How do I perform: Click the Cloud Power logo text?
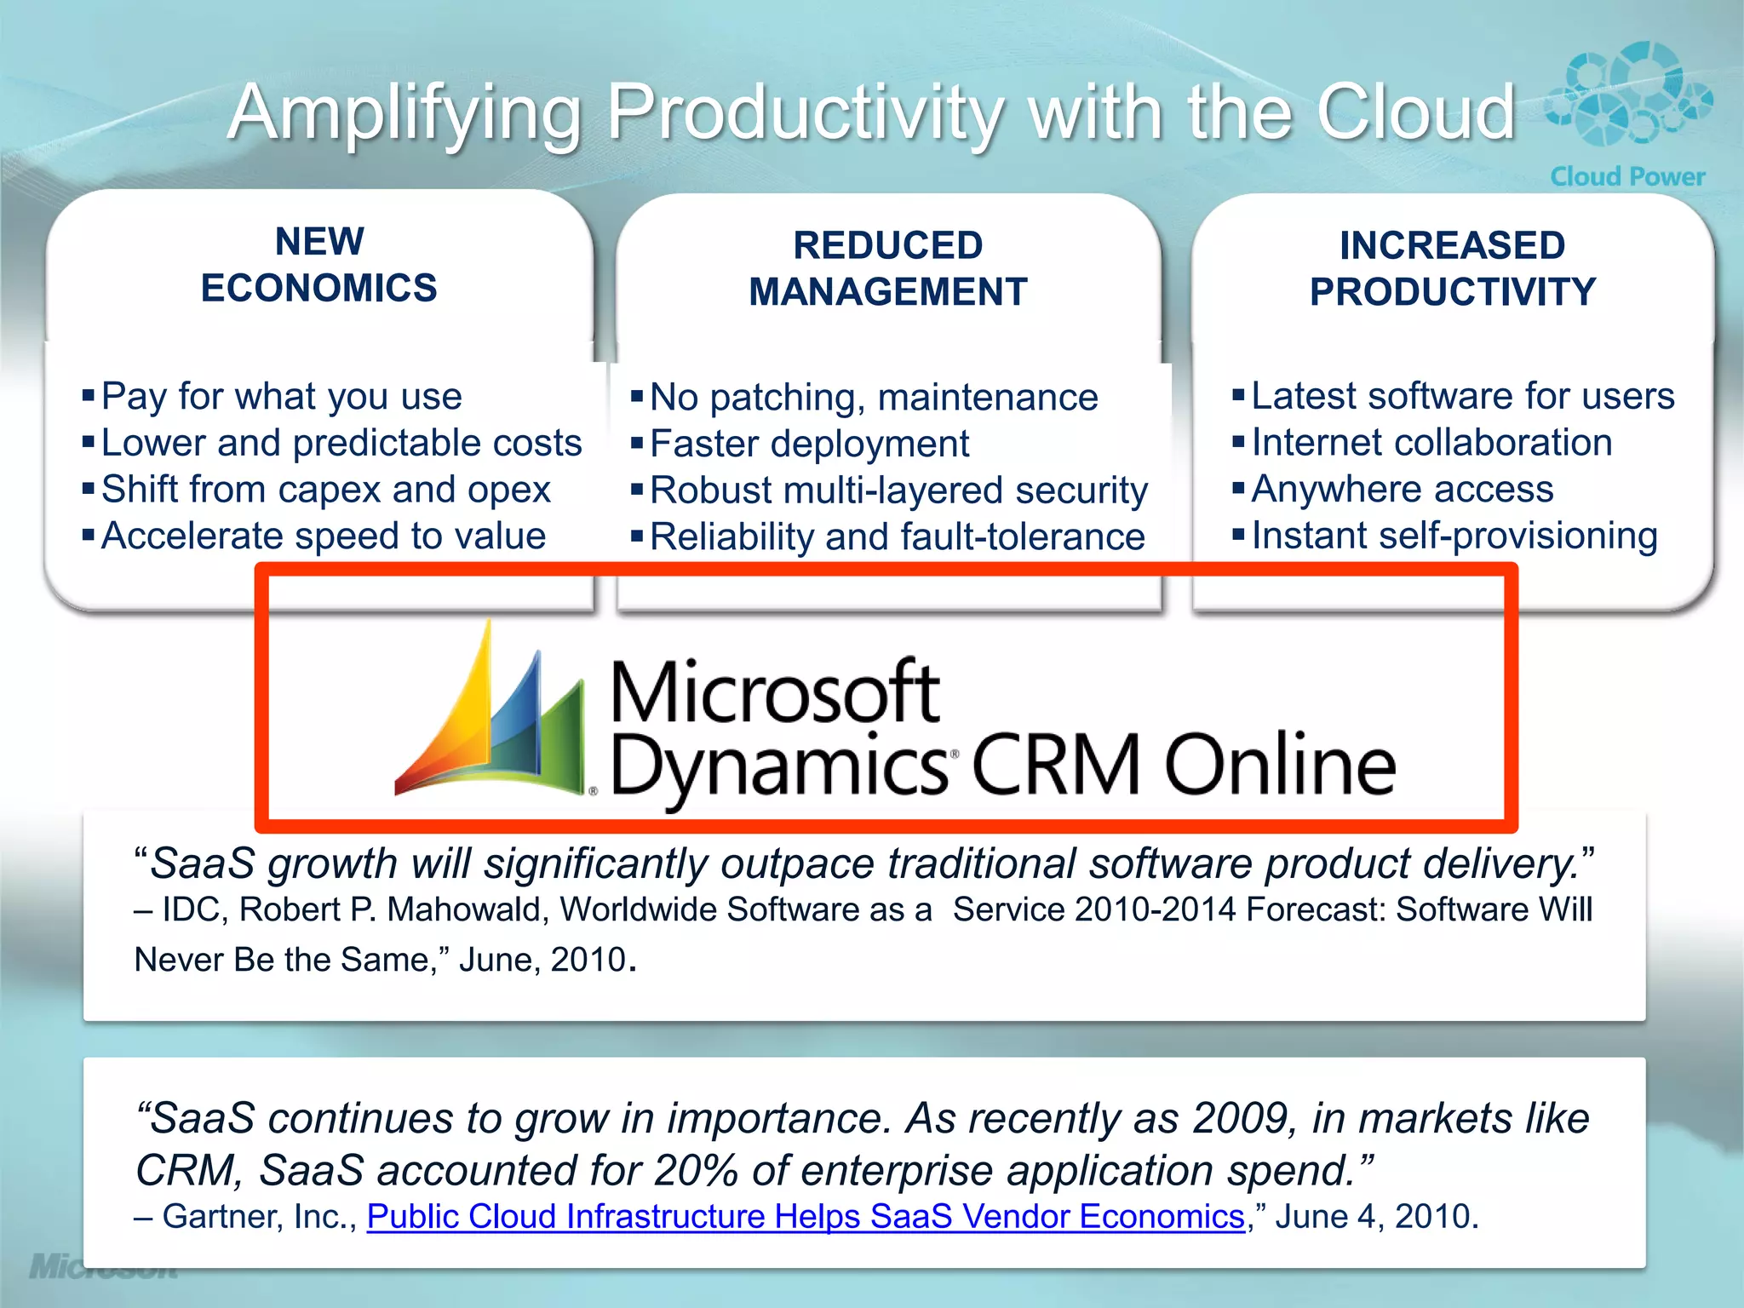click(1627, 176)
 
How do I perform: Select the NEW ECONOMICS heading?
click(319, 265)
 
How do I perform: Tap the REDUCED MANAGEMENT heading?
click(888, 268)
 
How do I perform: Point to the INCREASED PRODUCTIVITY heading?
click(1452, 268)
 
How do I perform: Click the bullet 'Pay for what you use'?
click(281, 397)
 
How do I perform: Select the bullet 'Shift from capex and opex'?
click(326, 490)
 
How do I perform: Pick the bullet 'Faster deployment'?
click(809, 444)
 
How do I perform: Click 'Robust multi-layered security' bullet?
click(898, 490)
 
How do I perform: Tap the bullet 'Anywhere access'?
click(1402, 490)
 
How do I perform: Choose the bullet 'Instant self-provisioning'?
click(1454, 536)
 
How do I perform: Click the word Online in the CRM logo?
click(1280, 765)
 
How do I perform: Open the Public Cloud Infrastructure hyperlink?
click(806, 1216)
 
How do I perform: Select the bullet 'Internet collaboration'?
click(1431, 443)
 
